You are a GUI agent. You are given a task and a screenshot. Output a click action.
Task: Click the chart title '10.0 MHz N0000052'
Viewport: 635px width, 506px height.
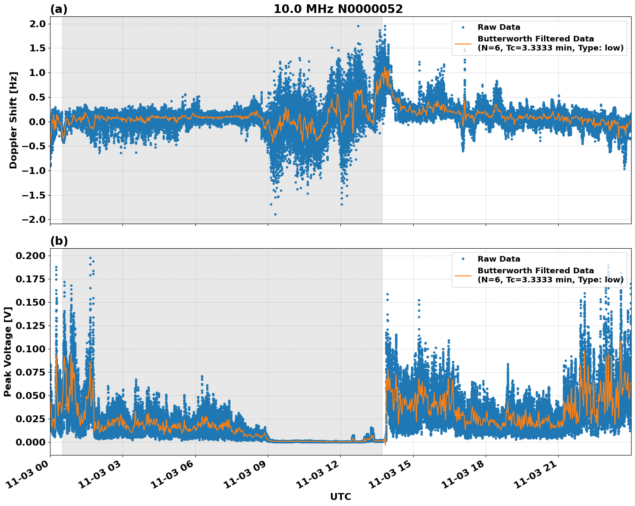tap(338, 9)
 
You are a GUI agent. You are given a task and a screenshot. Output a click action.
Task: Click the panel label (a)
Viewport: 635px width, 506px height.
tap(59, 9)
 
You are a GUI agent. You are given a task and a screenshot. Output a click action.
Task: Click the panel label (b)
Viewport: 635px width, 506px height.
tap(59, 241)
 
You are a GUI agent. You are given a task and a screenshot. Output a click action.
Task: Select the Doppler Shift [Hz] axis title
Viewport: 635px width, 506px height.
tap(13, 120)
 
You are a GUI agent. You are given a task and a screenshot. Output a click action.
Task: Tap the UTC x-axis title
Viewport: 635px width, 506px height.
tap(340, 497)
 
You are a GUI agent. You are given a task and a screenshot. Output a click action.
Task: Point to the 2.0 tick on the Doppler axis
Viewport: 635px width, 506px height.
tap(38, 24)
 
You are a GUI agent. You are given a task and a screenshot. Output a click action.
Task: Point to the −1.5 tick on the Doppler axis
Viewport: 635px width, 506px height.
tap(35, 195)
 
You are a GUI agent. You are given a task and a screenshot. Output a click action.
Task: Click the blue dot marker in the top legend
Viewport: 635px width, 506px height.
tap(463, 27)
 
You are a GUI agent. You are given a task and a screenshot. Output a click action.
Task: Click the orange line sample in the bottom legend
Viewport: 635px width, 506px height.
tap(463, 275)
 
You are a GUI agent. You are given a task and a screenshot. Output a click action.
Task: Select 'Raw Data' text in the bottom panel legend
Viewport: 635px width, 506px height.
tap(499, 259)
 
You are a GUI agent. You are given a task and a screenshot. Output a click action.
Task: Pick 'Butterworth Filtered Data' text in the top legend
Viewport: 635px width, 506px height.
tap(535, 39)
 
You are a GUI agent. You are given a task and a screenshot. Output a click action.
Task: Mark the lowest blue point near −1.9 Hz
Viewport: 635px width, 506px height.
tap(275, 214)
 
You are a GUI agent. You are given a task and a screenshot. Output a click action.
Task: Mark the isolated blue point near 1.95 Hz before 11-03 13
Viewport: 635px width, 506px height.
tap(358, 26)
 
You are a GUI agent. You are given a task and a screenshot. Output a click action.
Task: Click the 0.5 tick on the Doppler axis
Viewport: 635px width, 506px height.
tap(38, 97)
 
